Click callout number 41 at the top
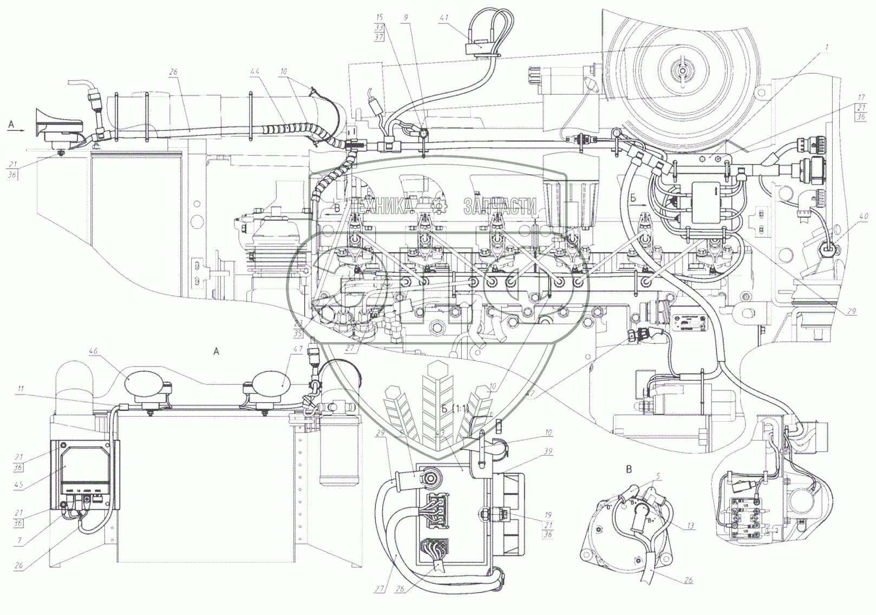click(x=444, y=18)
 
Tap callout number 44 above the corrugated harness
click(x=254, y=71)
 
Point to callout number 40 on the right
click(x=864, y=217)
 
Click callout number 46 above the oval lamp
click(x=94, y=351)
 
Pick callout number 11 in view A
click(x=21, y=389)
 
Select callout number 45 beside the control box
click(x=18, y=485)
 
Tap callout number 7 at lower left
click(x=20, y=541)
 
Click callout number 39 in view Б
click(x=548, y=452)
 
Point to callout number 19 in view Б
click(x=548, y=515)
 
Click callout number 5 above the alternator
click(x=658, y=477)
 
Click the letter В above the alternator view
click(x=629, y=469)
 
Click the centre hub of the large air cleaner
click(x=680, y=71)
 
